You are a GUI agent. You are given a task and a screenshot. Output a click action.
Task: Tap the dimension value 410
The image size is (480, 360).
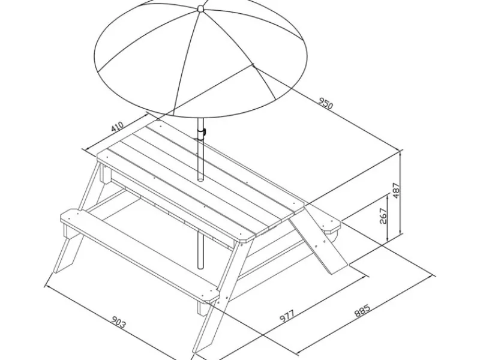coord(118,127)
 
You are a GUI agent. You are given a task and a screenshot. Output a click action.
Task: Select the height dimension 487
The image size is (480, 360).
coord(396,190)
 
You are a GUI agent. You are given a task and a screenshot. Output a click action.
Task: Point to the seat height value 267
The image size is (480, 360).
coord(383,216)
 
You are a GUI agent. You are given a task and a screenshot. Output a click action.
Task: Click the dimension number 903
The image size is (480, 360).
coord(118,322)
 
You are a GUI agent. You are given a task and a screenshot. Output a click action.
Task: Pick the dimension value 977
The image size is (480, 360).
coord(287,316)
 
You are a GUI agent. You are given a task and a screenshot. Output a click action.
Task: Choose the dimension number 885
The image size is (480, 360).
coord(362,310)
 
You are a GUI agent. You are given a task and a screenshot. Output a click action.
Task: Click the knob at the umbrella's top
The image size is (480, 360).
coord(200,8)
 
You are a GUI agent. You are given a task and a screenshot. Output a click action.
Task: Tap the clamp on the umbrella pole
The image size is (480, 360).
coord(202,132)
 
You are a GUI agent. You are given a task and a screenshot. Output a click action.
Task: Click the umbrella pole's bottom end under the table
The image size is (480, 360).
coord(200,267)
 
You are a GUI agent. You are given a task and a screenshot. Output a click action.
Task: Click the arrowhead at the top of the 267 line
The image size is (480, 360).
coord(387,197)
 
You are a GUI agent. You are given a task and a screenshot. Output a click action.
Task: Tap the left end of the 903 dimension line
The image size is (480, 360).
coord(46,286)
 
